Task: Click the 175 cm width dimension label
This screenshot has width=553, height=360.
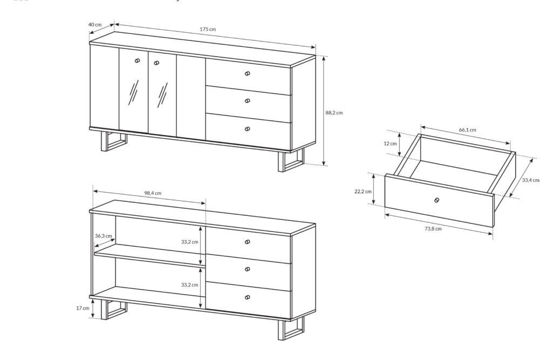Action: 208,29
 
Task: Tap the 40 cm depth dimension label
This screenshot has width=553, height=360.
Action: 95,25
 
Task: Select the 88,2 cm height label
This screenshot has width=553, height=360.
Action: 334,113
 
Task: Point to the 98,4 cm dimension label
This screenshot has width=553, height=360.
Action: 153,193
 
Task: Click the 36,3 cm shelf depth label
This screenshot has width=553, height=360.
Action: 103,236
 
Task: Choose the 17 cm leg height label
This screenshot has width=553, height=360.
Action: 83,308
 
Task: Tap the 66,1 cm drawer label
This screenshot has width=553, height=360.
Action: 467,130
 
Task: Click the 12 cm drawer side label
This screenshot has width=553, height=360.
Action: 390,144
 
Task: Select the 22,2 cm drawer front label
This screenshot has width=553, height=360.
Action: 363,192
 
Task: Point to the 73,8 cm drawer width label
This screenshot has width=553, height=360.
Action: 433,228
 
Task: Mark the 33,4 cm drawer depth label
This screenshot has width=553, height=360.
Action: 531,180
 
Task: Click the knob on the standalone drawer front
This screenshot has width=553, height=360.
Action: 437,200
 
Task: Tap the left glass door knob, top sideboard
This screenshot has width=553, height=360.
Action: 137,60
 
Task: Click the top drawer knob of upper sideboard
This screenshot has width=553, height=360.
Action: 247,74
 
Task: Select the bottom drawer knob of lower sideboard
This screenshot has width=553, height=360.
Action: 247,297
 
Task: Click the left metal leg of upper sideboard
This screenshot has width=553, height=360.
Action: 113,141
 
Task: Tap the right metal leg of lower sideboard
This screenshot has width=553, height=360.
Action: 291,329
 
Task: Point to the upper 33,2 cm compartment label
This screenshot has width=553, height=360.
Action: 190,242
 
